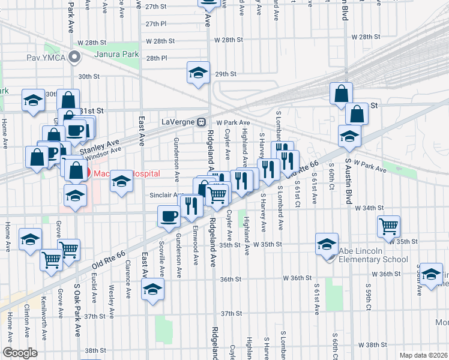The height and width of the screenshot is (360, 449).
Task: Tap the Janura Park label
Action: [116, 55]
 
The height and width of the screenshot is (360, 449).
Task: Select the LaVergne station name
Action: [178, 122]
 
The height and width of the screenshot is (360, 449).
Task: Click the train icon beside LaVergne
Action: [202, 122]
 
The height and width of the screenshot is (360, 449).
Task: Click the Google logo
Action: [20, 353]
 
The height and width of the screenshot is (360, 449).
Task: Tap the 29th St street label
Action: [226, 74]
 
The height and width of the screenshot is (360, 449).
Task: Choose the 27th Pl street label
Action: [155, 24]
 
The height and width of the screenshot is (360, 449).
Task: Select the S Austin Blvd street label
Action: [348, 180]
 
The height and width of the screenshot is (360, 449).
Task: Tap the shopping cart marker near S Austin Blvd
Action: [388, 226]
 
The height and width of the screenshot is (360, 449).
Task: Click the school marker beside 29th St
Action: [197, 73]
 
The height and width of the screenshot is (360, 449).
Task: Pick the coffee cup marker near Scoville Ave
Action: [168, 216]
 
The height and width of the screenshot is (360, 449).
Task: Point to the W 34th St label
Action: [369, 208]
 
